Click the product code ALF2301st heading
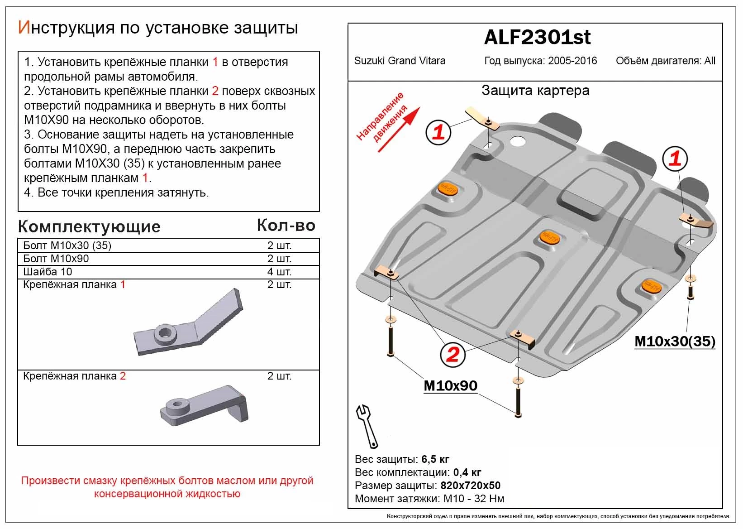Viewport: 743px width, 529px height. (x=537, y=38)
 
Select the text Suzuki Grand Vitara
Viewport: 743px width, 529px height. (x=400, y=61)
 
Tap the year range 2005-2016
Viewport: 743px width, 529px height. (x=572, y=61)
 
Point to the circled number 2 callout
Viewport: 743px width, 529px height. (x=452, y=354)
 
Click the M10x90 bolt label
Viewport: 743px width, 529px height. (x=450, y=385)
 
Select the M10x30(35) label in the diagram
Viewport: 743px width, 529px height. (x=675, y=341)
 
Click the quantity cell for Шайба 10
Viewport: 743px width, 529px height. (x=279, y=272)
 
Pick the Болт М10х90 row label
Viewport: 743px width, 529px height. (x=56, y=259)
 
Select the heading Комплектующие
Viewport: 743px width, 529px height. (x=89, y=226)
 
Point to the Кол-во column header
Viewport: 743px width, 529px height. (x=286, y=225)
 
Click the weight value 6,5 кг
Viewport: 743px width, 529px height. (x=435, y=459)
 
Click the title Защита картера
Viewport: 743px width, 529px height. (x=535, y=91)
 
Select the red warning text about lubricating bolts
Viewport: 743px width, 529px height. (x=167, y=487)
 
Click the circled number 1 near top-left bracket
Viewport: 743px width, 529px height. (x=438, y=132)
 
